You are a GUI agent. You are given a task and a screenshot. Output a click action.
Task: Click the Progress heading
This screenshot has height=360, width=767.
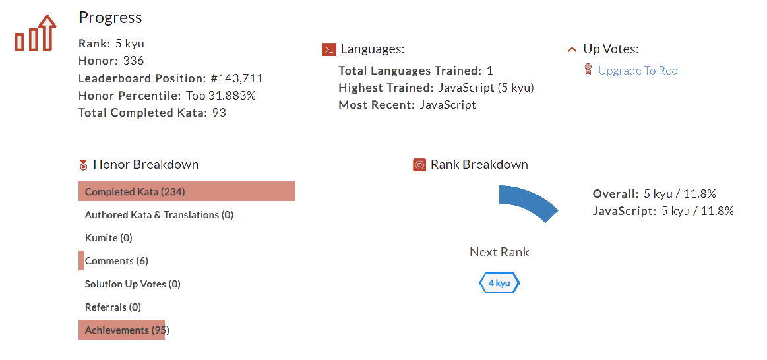tap(110, 18)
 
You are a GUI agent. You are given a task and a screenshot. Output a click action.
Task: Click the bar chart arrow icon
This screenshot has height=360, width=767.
tap(35, 34)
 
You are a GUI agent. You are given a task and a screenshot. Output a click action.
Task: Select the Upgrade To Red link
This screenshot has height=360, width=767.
tap(638, 71)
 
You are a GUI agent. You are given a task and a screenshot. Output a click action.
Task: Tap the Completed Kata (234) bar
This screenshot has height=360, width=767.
tap(187, 192)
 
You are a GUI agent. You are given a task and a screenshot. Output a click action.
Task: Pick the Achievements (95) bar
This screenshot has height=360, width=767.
tap(121, 330)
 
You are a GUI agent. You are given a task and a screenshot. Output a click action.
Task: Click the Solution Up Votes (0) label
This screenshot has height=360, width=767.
tap(133, 284)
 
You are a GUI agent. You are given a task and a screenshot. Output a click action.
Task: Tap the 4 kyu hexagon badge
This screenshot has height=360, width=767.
tap(499, 284)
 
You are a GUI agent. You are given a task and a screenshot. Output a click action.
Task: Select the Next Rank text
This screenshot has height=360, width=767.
tap(499, 252)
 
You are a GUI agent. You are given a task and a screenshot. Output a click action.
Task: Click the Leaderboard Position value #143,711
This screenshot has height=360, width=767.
tap(237, 78)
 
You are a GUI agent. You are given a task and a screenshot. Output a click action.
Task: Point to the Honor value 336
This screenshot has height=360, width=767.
tap(133, 61)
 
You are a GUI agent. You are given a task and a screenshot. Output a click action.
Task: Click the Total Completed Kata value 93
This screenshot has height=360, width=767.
tap(219, 113)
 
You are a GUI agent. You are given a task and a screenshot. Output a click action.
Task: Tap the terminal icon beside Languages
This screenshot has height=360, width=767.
tap(328, 49)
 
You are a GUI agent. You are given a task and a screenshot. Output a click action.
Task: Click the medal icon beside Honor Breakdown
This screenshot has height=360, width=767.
tap(83, 165)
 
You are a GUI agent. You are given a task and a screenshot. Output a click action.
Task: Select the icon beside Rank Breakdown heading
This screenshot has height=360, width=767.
tap(419, 165)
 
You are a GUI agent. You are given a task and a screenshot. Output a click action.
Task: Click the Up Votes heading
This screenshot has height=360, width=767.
tap(611, 49)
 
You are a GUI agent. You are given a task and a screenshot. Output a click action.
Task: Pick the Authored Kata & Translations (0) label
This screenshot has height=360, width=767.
tap(159, 215)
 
